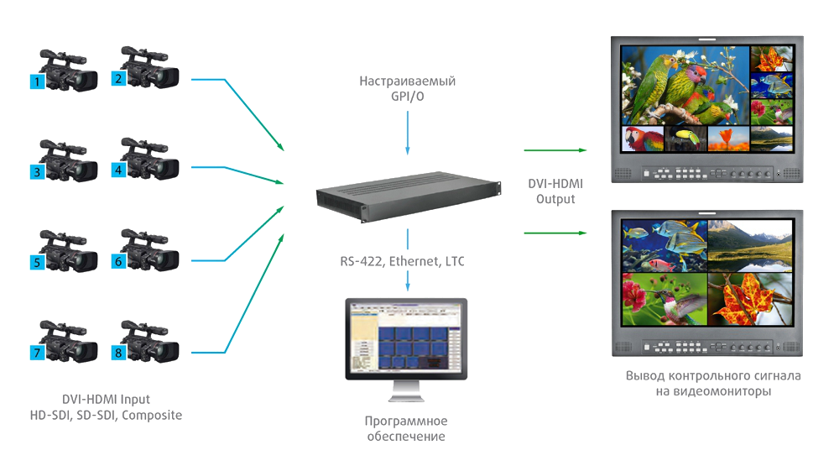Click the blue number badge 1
(37, 81)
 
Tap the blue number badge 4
(118, 170)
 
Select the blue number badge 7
(37, 353)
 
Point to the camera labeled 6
(149, 250)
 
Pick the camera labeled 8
(149, 341)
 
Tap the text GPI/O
(408, 97)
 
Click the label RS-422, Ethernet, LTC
(402, 261)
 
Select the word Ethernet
(414, 261)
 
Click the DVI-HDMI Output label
(555, 191)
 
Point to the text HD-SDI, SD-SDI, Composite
(106, 415)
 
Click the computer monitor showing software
(406, 349)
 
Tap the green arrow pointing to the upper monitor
(555, 150)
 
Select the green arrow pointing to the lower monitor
(555, 233)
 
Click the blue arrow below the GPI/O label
(408, 133)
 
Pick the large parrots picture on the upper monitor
(685, 85)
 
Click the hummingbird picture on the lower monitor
(665, 299)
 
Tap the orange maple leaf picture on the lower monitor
(750, 299)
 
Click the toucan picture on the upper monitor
(685, 139)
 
